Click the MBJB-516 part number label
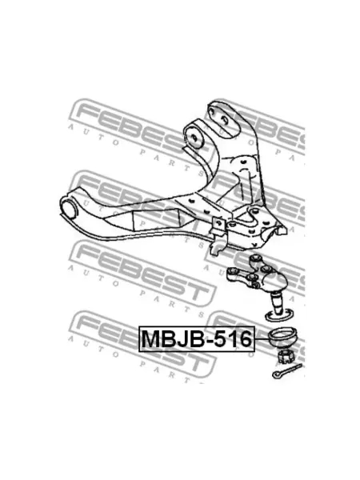coord(197,338)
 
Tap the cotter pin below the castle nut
coord(287,370)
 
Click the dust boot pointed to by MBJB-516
coord(282,337)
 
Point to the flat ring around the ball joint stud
coord(278,316)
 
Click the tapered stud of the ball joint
coord(278,303)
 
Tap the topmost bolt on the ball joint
coord(254,259)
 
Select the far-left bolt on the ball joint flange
coord(232,271)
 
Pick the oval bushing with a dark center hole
coord(194,137)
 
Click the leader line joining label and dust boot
coord(262,339)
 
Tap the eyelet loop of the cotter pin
coord(276,374)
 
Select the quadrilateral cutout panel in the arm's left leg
coord(156,219)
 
